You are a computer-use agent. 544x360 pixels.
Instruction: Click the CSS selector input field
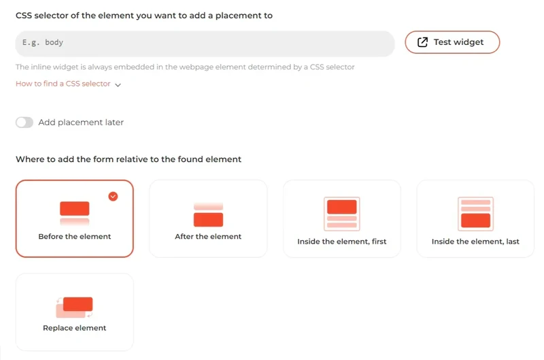point(204,43)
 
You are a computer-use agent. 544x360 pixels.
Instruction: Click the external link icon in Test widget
point(422,42)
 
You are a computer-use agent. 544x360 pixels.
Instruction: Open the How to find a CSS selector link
point(63,84)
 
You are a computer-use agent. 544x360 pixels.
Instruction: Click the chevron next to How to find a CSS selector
point(118,85)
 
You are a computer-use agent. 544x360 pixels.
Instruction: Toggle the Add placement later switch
point(24,122)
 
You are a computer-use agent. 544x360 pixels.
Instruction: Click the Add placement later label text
point(81,122)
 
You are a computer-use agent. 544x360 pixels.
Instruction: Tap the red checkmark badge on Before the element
point(113,196)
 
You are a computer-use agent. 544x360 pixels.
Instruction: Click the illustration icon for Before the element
point(74,213)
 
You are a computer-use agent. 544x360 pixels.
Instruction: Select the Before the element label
point(74,237)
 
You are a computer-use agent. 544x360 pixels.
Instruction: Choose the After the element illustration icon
point(208,214)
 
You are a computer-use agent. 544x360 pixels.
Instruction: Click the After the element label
point(208,237)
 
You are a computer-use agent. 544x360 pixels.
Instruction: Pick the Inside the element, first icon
point(342,214)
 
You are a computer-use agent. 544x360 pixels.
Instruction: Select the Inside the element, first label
point(342,242)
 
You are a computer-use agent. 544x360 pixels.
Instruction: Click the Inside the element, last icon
point(475,214)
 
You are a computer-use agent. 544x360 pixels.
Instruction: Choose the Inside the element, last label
point(475,242)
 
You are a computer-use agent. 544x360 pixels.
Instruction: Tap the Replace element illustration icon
point(74,307)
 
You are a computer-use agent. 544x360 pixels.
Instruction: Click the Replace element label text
point(74,328)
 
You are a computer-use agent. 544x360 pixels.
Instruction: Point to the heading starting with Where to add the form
point(129,159)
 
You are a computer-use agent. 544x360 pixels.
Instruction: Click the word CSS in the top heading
point(24,15)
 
